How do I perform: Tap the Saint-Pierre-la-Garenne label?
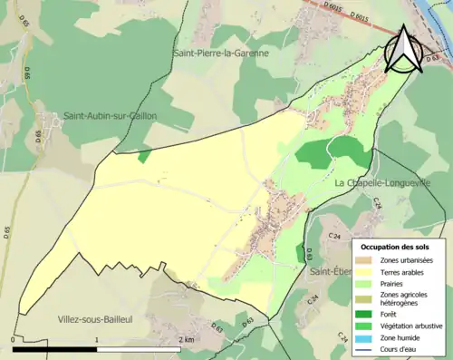(221, 54)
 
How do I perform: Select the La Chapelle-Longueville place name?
(390, 183)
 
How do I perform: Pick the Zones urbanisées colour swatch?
(366, 260)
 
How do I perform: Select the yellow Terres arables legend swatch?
(366, 271)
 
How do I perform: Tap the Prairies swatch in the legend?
(366, 282)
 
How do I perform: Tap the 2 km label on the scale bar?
(187, 339)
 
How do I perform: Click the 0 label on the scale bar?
(13, 339)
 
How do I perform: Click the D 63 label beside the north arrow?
(441, 56)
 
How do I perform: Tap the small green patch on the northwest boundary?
(144, 157)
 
